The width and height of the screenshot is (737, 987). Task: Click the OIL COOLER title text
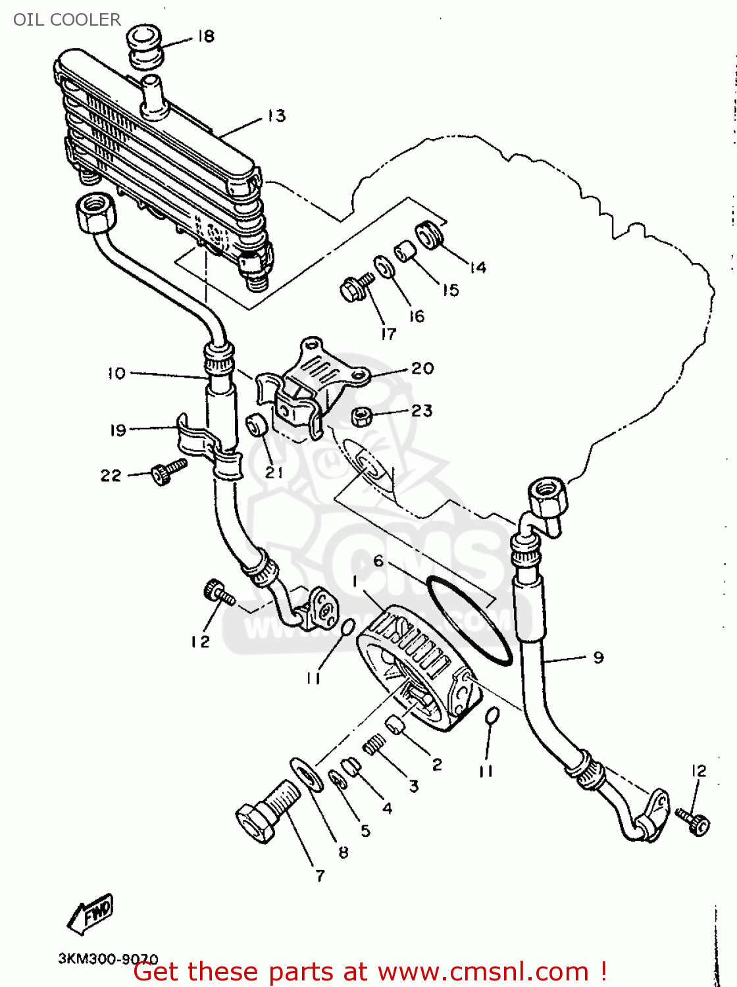tap(67, 20)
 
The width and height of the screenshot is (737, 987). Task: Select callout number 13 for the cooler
tap(276, 116)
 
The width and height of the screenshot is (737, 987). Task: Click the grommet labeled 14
tap(428, 236)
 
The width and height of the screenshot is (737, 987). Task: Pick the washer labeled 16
tap(384, 267)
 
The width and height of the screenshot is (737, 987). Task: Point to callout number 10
tap(116, 374)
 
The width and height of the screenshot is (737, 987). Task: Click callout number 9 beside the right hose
tap(597, 657)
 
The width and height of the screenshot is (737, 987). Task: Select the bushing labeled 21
tap(256, 425)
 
